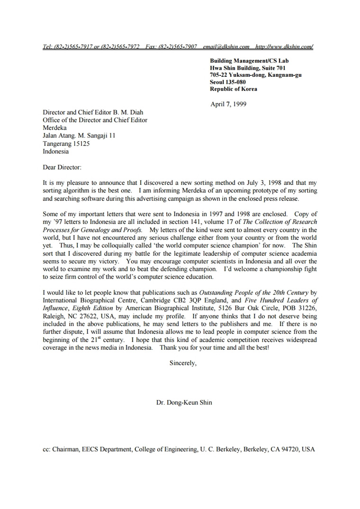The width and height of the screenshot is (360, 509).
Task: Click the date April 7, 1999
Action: (x=228, y=104)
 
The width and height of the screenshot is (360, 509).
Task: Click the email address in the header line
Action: (x=225, y=46)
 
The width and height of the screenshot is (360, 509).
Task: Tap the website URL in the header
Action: (x=284, y=46)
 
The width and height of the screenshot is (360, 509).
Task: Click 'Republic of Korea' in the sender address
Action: (x=234, y=89)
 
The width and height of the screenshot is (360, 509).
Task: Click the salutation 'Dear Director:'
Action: (x=62, y=167)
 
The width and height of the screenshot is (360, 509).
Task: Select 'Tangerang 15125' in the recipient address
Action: (x=66, y=144)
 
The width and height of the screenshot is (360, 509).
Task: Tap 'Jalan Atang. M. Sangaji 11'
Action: (x=79, y=136)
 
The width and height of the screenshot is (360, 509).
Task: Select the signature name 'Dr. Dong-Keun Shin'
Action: (x=184, y=402)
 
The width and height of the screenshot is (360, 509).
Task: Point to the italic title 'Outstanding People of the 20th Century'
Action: (x=254, y=292)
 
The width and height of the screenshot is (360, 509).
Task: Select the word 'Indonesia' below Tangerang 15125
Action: (x=55, y=152)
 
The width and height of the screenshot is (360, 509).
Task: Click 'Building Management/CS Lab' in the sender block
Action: (x=249, y=61)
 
